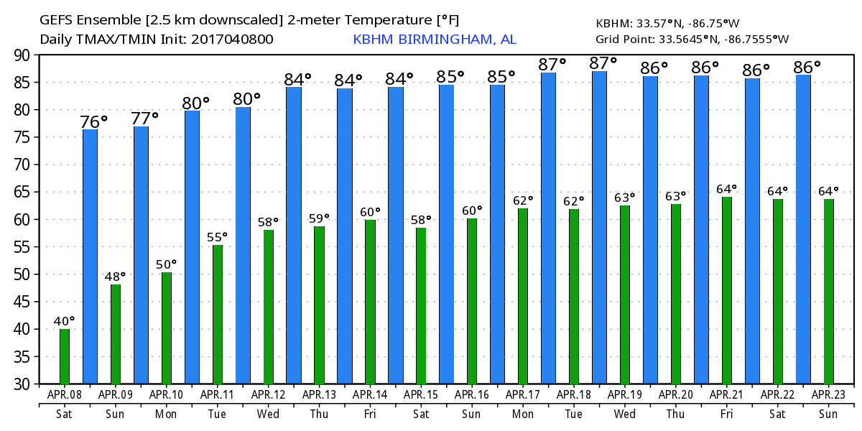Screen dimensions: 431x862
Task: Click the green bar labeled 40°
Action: [65, 356]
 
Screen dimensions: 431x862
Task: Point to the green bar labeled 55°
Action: [218, 315]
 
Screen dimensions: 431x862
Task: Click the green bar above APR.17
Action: [523, 296]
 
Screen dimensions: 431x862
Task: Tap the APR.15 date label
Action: [421, 394]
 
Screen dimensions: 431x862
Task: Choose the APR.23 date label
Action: [828, 394]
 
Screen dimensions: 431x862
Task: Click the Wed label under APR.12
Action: [269, 414]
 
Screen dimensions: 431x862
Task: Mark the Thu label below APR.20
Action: [676, 414]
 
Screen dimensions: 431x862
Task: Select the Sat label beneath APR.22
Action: [778, 414]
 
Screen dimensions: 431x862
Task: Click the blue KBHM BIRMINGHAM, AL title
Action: [434, 40]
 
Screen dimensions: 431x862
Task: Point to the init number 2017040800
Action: [232, 40]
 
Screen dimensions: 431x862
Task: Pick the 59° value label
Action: [319, 218]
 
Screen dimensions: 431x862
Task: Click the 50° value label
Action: [167, 264]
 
